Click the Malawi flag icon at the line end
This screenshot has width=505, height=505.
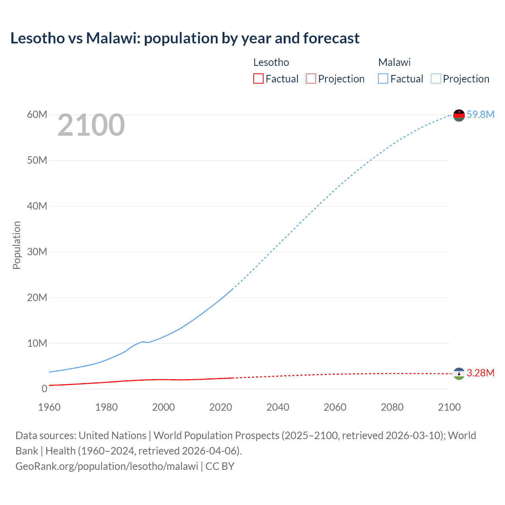coord(459,115)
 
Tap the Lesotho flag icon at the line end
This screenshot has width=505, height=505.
coord(459,374)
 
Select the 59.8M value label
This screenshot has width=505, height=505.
coord(480,114)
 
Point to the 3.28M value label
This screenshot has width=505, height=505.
coord(480,373)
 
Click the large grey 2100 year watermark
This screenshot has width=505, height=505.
coord(91,125)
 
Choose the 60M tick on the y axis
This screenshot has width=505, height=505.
coord(37,114)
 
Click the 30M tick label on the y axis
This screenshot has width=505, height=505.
coord(37,252)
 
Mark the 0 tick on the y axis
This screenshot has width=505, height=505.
coord(44,389)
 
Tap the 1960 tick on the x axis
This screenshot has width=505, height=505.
coord(49,407)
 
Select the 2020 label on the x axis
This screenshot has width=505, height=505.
coord(221,407)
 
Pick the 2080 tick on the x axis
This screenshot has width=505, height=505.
coord(392,407)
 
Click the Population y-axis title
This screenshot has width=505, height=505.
coord(17,245)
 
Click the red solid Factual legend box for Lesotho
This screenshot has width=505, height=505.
coord(258,79)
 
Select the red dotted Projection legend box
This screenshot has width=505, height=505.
coord(311,79)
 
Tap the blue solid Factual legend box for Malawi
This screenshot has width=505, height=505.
coord(383,79)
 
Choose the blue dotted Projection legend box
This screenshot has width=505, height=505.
coord(436,79)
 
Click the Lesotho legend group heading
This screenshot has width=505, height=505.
coord(271,62)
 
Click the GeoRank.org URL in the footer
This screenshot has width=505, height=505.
coord(107,466)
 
